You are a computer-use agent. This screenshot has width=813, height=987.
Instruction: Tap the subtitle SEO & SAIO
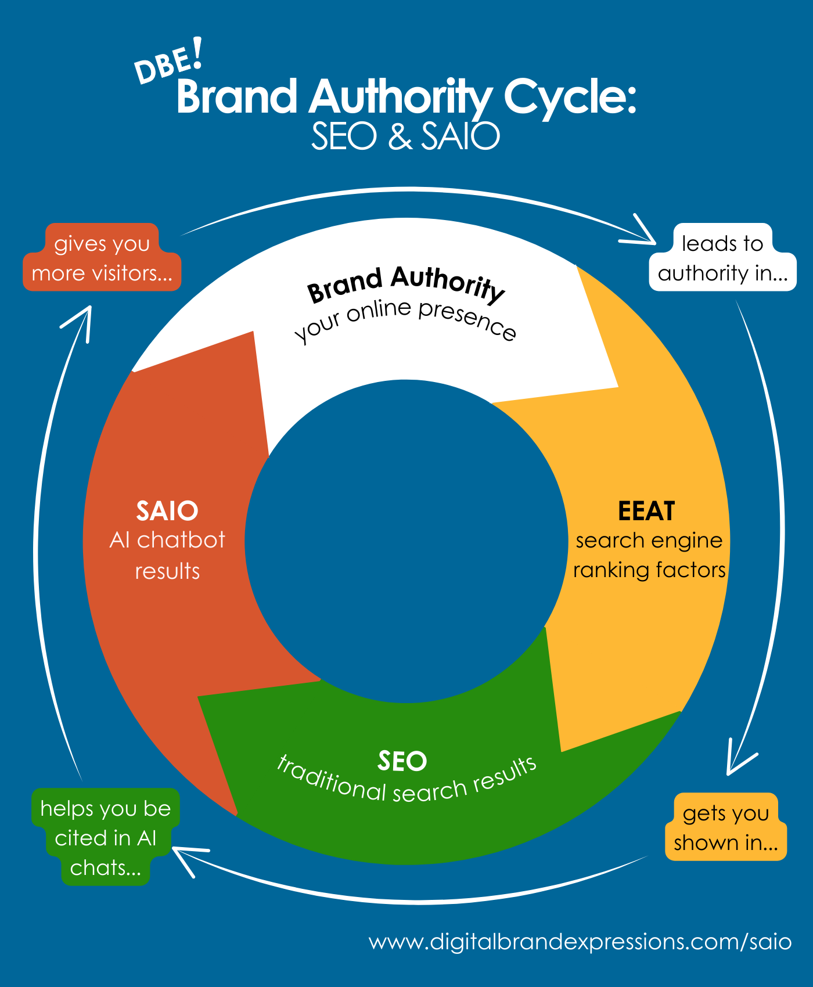405,136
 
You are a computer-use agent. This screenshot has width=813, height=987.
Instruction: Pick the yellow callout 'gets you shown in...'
726,827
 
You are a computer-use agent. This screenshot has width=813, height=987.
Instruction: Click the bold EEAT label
646,511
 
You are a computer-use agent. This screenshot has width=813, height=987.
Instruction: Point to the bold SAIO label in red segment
167,511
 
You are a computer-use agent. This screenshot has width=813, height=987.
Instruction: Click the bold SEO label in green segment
402,761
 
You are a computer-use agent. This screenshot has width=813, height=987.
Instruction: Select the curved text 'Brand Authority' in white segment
405,283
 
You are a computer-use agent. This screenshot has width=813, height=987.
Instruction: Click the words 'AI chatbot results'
167,556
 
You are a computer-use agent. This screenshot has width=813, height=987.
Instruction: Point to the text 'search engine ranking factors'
649,556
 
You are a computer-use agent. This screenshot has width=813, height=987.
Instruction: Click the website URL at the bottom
580,941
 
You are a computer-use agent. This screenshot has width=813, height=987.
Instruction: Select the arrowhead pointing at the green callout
185,856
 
